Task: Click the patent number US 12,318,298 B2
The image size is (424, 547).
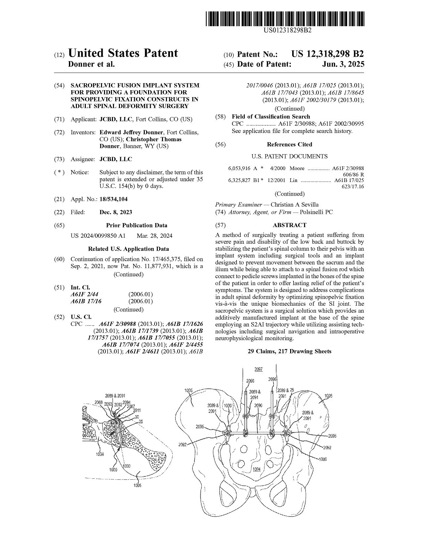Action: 327,54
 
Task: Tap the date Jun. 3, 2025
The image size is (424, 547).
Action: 343,64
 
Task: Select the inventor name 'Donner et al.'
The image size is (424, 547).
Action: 91,64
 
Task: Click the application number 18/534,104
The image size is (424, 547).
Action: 113,199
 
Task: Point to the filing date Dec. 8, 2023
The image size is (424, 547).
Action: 116,213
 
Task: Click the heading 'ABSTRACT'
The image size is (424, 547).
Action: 290,225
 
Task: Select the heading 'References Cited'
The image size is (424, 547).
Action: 290,145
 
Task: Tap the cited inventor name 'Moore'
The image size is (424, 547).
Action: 297,168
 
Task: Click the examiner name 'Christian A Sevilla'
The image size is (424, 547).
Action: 294,205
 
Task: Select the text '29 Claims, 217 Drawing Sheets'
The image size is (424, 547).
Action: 290,351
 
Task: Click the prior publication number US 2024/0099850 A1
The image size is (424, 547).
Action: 98,236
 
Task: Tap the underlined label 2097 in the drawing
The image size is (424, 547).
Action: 259,369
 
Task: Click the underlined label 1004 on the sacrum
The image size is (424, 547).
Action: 256,469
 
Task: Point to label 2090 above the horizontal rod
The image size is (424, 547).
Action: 258,405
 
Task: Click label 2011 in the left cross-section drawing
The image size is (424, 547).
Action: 137,410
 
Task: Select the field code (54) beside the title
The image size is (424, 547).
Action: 59,86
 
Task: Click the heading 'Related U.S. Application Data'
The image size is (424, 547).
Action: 129,249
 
